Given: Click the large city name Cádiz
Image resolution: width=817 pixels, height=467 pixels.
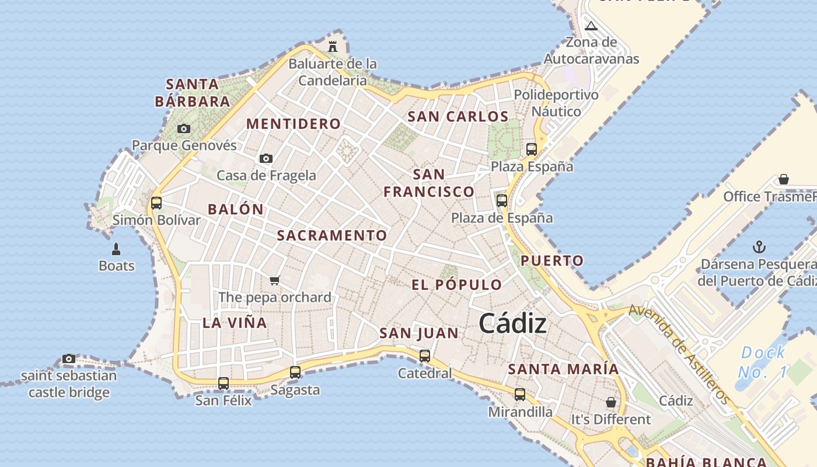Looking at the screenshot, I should (513, 324).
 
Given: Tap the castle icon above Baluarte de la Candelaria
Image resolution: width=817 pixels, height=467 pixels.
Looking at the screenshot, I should (333, 46).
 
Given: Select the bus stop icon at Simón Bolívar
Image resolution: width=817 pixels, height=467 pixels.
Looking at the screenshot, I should (156, 203).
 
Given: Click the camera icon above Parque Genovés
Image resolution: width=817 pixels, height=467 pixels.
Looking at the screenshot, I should (184, 128).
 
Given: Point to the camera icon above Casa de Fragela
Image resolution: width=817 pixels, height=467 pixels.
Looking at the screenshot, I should (266, 158).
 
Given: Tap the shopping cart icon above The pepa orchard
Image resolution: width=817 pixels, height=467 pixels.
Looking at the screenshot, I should (275, 280).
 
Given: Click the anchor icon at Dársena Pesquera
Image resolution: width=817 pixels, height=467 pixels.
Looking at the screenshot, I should (759, 247).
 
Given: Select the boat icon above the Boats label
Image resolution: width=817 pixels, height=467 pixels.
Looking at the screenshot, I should (116, 249).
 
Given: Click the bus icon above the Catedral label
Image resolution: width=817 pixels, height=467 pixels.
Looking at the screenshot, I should (425, 356).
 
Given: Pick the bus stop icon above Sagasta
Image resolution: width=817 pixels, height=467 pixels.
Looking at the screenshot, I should (295, 372).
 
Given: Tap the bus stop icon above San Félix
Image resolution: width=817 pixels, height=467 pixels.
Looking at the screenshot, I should (224, 384).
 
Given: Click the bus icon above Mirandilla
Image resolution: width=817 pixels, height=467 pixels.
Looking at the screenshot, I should (520, 395).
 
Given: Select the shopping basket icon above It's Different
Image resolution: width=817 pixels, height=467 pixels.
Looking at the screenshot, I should (611, 402).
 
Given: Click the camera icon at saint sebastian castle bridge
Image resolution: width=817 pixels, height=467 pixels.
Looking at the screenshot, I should (69, 358).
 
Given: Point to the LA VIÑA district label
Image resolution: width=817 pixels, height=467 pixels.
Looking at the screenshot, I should (235, 323).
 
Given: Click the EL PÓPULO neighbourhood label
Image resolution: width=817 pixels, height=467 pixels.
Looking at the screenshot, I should (457, 285).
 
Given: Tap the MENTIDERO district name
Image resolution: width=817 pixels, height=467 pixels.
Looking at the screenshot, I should (294, 124).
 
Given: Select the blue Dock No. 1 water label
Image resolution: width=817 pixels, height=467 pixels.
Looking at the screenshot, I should (763, 363).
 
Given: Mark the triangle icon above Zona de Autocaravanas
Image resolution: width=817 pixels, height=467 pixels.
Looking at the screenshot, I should (591, 26).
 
